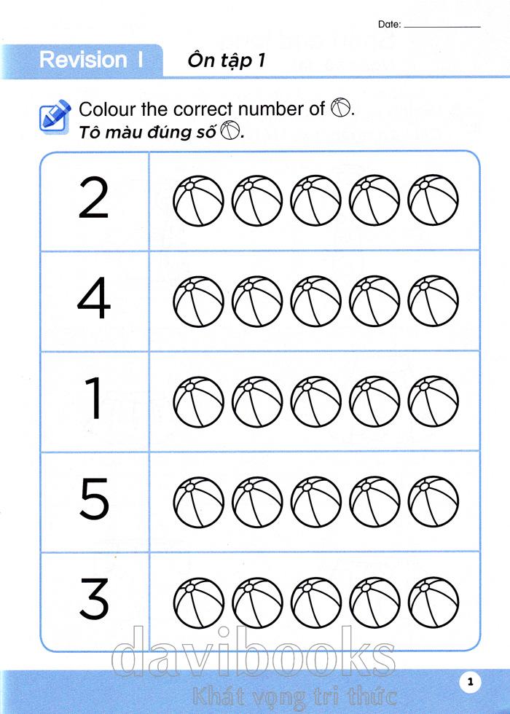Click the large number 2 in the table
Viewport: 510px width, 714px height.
point(94,198)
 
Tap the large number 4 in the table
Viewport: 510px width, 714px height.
point(94,299)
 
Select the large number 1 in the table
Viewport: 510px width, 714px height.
point(94,399)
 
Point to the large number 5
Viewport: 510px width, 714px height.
point(95,499)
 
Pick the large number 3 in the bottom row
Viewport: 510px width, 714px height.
point(94,599)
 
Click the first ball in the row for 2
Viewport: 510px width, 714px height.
point(198,200)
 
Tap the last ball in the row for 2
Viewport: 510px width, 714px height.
point(433,200)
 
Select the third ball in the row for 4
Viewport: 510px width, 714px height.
point(316,301)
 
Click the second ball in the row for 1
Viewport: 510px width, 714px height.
point(257,401)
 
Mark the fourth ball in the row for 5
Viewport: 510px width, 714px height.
point(374,502)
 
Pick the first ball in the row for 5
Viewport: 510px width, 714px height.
point(198,502)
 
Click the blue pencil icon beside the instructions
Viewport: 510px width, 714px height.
point(55,116)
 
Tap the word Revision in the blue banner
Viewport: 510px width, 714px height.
point(83,60)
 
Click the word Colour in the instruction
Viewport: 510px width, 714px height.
point(108,109)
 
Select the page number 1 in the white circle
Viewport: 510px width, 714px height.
point(471,682)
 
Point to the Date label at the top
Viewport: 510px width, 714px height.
point(389,25)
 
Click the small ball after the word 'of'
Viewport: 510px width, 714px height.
point(341,108)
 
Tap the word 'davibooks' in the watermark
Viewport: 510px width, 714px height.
point(254,652)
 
